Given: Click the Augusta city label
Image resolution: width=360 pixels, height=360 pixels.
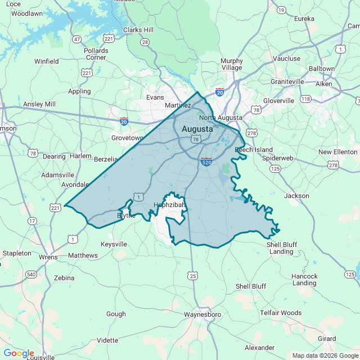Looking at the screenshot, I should (197, 129).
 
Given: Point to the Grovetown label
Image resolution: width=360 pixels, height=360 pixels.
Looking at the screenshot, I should (128, 138).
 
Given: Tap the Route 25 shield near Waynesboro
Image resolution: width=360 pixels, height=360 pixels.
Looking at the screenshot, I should (193, 276).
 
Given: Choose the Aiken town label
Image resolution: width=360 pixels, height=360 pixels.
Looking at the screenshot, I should (323, 84).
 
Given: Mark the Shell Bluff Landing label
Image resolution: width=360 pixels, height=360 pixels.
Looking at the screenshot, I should (281, 248).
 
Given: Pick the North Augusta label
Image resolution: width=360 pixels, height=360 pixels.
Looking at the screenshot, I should (220, 118).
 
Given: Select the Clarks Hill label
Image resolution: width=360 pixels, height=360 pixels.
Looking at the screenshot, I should (138, 30).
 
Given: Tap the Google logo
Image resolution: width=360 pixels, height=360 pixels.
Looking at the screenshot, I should (19, 353).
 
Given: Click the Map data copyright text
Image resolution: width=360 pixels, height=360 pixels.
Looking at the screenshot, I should (324, 355).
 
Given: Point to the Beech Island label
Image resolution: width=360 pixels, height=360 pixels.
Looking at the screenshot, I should (254, 150).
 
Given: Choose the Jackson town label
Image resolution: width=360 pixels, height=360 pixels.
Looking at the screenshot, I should (296, 196).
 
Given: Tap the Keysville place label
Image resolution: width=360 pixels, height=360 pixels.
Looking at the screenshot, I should (114, 244).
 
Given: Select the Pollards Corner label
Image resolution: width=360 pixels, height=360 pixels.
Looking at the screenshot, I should (96, 54).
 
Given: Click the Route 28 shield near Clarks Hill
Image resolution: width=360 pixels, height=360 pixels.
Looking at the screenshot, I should (145, 42).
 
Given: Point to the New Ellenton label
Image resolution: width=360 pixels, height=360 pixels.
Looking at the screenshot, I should (337, 152).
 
